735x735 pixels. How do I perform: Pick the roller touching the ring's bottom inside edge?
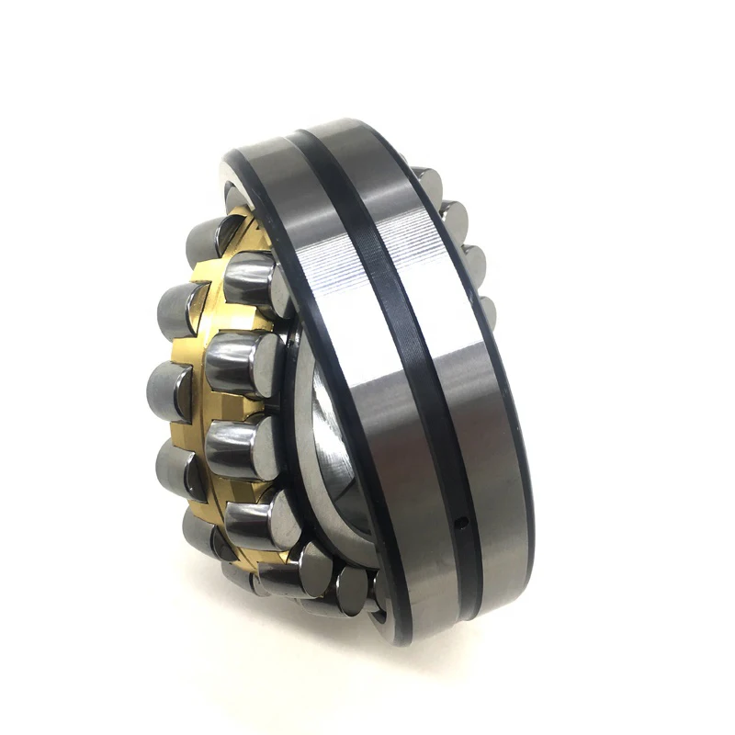(354, 588)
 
